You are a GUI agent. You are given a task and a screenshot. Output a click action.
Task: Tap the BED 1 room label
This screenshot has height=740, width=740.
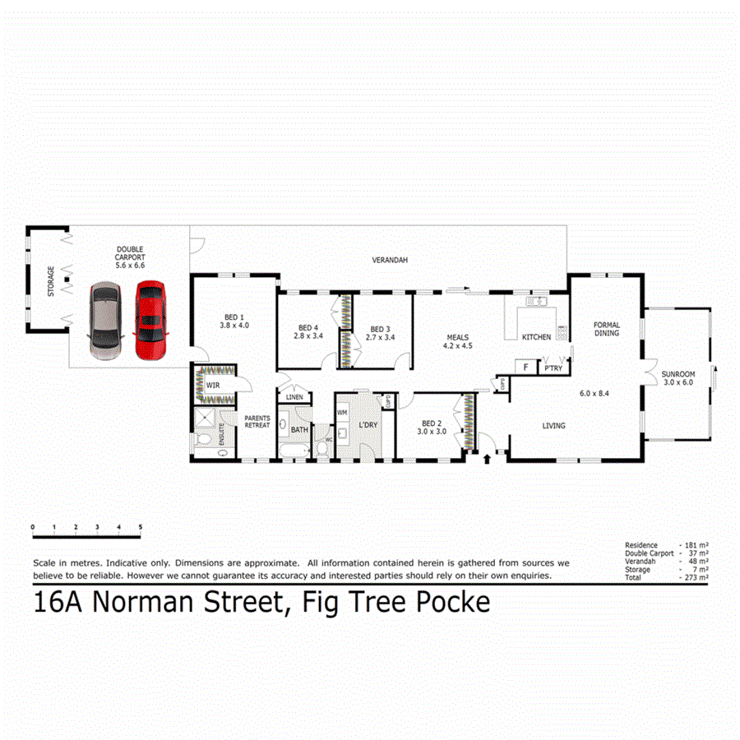pyautogui.click(x=234, y=317)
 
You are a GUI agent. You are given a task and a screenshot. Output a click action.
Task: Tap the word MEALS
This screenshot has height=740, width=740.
pyautogui.click(x=458, y=337)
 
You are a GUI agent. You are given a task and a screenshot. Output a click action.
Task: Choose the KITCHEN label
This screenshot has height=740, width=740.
pyautogui.click(x=536, y=337)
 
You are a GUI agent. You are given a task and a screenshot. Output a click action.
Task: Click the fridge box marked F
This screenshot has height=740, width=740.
pyautogui.click(x=524, y=368)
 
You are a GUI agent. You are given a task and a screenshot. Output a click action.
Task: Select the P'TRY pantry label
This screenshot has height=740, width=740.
pyautogui.click(x=553, y=368)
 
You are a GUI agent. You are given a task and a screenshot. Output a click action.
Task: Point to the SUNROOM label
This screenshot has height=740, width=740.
pyautogui.click(x=678, y=374)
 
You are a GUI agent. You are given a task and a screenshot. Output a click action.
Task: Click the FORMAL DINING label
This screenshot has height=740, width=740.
pyautogui.click(x=607, y=328)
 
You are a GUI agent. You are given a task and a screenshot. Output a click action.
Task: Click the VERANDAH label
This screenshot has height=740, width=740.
pyautogui.click(x=390, y=260)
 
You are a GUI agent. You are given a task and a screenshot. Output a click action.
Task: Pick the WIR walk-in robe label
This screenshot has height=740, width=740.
pyautogui.click(x=212, y=384)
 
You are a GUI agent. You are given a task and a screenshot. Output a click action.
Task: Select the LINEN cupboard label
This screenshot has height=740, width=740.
pyautogui.click(x=294, y=398)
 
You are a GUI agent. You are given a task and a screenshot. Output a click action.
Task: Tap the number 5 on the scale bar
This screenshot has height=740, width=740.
pyautogui.click(x=141, y=527)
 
